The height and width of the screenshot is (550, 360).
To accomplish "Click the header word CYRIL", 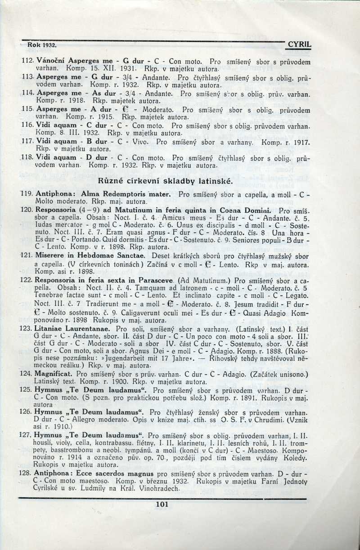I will (300, 45).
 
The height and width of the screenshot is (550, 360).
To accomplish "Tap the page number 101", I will (161, 504).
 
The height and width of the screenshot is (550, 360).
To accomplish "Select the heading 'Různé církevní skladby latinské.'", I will (165, 182).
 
